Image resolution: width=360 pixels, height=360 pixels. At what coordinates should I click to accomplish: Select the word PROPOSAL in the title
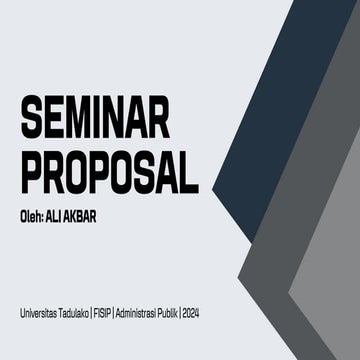pos(108,172)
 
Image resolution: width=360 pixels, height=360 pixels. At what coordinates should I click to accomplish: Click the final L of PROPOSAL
pos(187,172)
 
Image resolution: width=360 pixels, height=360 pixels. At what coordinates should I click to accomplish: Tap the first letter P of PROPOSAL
pos(32,172)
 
